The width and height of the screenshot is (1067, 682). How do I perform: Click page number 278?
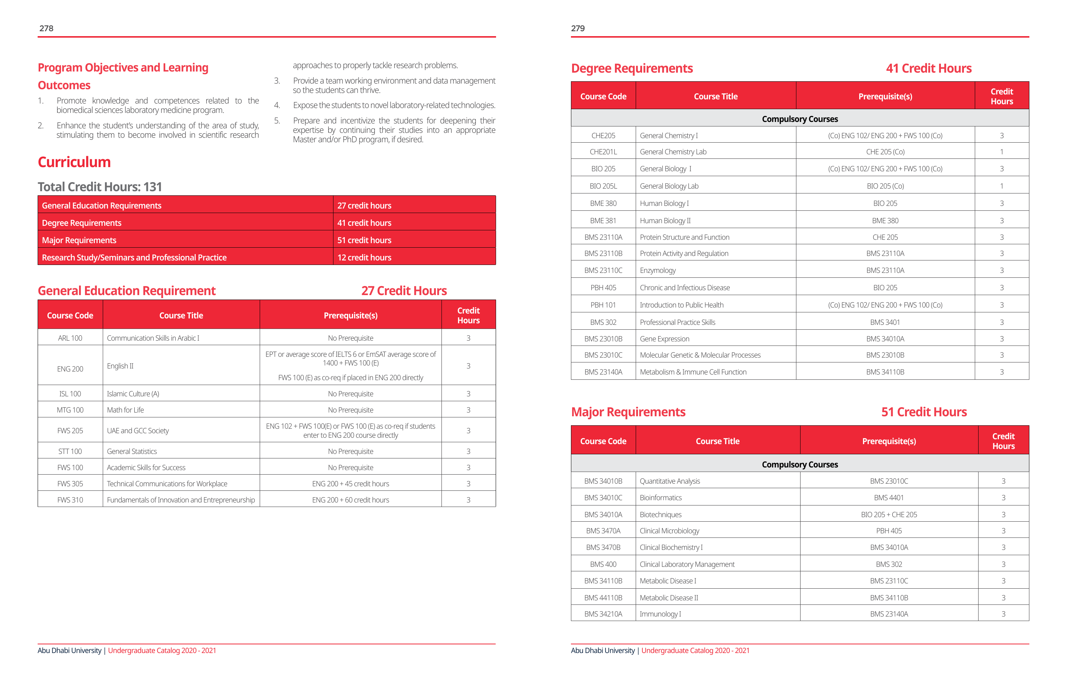46,28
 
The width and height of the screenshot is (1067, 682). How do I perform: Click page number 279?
578,28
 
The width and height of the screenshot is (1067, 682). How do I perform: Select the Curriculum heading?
74,162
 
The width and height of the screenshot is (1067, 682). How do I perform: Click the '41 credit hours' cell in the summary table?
364,223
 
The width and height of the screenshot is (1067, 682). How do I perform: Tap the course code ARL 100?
70,338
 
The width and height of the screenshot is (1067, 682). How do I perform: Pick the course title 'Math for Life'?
125,410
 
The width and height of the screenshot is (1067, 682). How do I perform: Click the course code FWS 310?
70,500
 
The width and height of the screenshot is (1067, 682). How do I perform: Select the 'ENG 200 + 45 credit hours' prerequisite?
350,484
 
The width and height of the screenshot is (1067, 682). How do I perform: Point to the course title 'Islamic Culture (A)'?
133,394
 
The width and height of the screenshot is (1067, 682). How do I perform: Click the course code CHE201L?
603,152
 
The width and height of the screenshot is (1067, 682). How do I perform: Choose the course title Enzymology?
658,270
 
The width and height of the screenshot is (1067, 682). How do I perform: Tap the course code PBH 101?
603,305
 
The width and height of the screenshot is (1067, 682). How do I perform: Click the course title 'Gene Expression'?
665,339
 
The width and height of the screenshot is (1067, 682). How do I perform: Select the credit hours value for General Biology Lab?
1002,186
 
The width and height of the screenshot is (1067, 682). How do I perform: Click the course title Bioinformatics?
661,498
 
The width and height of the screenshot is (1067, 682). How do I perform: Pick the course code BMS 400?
603,564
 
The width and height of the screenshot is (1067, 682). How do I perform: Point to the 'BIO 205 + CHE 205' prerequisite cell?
889,515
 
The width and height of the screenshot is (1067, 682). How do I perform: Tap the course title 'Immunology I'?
660,614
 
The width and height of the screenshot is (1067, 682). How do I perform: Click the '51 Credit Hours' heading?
924,412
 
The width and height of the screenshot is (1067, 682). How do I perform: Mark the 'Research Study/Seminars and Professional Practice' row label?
134,257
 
